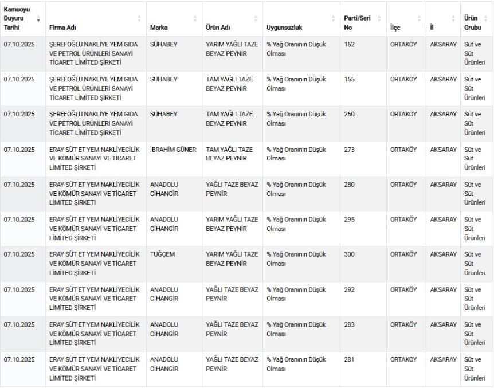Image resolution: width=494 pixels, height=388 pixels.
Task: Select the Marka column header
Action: click(x=159, y=28)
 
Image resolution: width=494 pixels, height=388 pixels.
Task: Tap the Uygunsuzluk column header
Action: click(x=284, y=28)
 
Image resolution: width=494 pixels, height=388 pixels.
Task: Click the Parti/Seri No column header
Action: click(x=356, y=22)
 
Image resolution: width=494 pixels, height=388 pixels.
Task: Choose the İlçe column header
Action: click(x=395, y=28)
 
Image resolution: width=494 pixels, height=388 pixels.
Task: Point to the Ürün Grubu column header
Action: click(x=472, y=22)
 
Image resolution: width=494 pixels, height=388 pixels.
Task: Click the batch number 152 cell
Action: click(x=349, y=44)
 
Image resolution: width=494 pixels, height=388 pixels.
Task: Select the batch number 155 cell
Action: click(x=349, y=79)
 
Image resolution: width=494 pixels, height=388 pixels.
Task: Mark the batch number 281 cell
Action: click(x=349, y=359)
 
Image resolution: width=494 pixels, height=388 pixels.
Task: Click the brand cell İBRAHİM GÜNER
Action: click(x=173, y=150)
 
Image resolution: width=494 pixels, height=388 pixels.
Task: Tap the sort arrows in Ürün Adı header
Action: click(x=256, y=19)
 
